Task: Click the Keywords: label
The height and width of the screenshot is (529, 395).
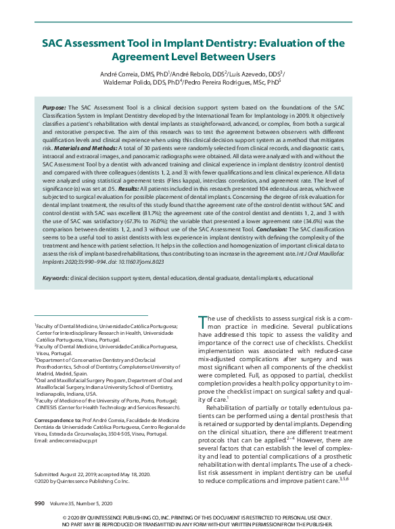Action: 55,277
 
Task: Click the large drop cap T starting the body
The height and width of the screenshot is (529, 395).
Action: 202,323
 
